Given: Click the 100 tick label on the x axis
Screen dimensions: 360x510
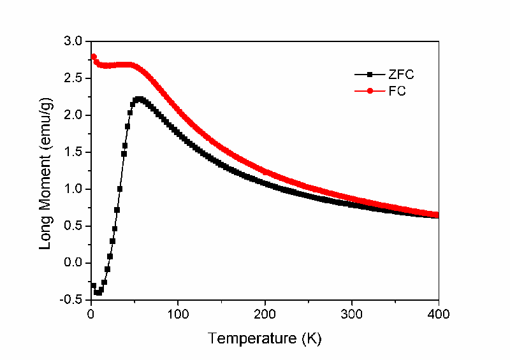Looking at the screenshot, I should [x=178, y=314].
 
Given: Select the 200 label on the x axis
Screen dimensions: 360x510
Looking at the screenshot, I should [x=265, y=314].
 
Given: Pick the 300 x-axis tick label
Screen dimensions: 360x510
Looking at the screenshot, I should [x=352, y=314].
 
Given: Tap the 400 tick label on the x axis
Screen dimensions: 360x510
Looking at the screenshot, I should [x=439, y=314].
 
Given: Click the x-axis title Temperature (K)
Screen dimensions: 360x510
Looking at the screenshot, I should [x=264, y=338].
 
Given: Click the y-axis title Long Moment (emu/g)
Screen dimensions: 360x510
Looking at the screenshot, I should [x=47, y=170].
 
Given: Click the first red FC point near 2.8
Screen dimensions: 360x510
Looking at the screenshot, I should [x=94, y=57].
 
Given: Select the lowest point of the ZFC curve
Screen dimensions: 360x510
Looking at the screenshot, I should [x=98, y=293].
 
